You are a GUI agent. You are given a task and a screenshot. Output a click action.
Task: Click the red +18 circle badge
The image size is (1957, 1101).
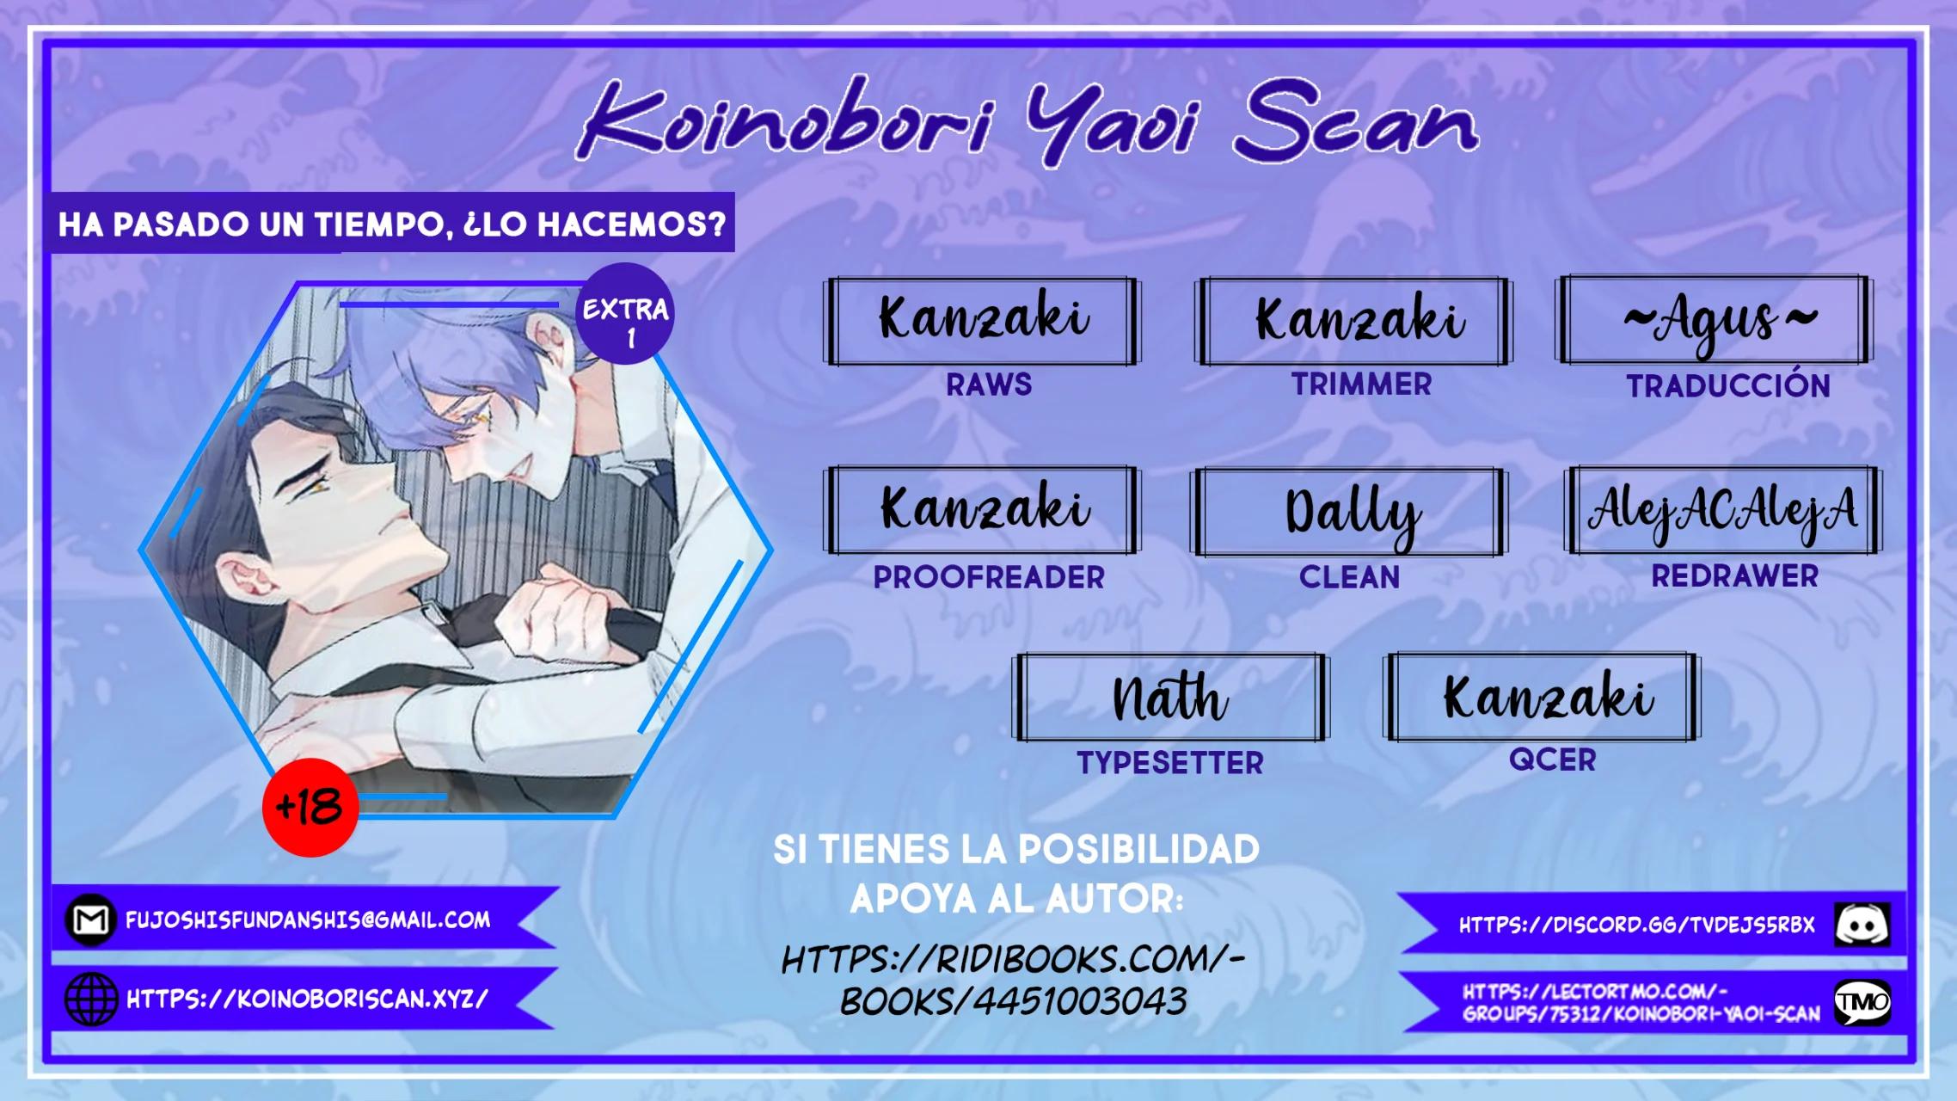(x=310, y=807)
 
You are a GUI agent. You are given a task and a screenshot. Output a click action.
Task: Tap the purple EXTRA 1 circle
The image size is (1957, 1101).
(x=624, y=314)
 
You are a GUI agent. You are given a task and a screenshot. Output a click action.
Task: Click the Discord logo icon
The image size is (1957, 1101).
(x=1862, y=925)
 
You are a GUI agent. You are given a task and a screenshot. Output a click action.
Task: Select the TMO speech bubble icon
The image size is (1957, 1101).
(x=1862, y=1002)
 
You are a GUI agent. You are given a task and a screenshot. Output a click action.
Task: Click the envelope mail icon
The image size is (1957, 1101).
(x=90, y=920)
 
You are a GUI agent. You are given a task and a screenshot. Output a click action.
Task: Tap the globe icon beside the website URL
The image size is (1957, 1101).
(x=91, y=1000)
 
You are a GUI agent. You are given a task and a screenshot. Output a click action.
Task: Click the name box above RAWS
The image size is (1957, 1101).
(x=982, y=321)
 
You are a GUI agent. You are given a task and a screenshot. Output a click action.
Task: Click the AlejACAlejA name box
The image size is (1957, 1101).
(x=1723, y=510)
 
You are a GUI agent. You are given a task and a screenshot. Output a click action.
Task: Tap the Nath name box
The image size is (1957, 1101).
(x=1170, y=697)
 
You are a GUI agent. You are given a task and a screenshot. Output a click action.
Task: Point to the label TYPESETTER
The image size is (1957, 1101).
(x=1170, y=763)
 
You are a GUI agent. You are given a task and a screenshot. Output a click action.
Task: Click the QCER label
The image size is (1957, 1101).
(x=1552, y=760)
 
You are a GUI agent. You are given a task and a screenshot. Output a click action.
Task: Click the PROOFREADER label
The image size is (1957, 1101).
(x=989, y=577)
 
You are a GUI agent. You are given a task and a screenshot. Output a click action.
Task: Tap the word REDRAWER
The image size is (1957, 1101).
(x=1735, y=575)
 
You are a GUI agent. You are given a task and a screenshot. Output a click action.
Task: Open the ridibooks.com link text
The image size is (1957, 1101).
(x=1014, y=981)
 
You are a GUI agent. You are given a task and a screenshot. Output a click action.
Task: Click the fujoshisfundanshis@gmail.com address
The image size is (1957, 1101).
(x=308, y=920)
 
